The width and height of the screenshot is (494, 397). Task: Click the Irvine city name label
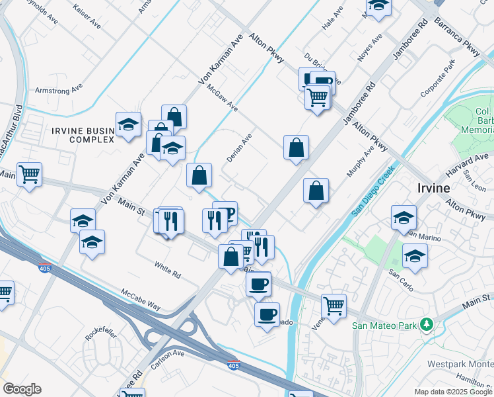pyautogui.click(x=434, y=188)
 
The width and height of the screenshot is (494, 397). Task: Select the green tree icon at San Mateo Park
pyautogui.click(x=427, y=325)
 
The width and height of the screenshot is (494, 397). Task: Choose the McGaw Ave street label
pyautogui.click(x=221, y=97)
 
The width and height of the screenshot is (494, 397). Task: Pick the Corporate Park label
pyautogui.click(x=439, y=77)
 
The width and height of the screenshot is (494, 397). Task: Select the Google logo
pyautogui.click(x=22, y=389)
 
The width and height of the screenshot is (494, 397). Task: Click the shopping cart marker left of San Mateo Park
pyautogui.click(x=334, y=306)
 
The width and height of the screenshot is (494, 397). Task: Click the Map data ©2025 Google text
pyautogui.click(x=453, y=392)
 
